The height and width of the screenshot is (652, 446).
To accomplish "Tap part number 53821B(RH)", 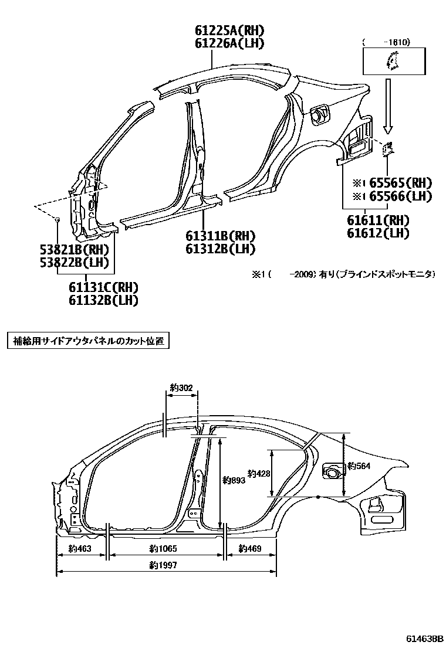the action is pos(75,249).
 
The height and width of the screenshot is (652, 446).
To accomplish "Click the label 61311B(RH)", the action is pos(221,236).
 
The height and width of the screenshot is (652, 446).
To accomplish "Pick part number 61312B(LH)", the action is pos(221,249).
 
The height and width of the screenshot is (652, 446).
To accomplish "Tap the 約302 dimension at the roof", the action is pos(181,387).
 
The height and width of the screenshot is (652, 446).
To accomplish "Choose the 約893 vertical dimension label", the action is pos(234,480).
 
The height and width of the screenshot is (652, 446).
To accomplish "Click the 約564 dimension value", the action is pos(359,466).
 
